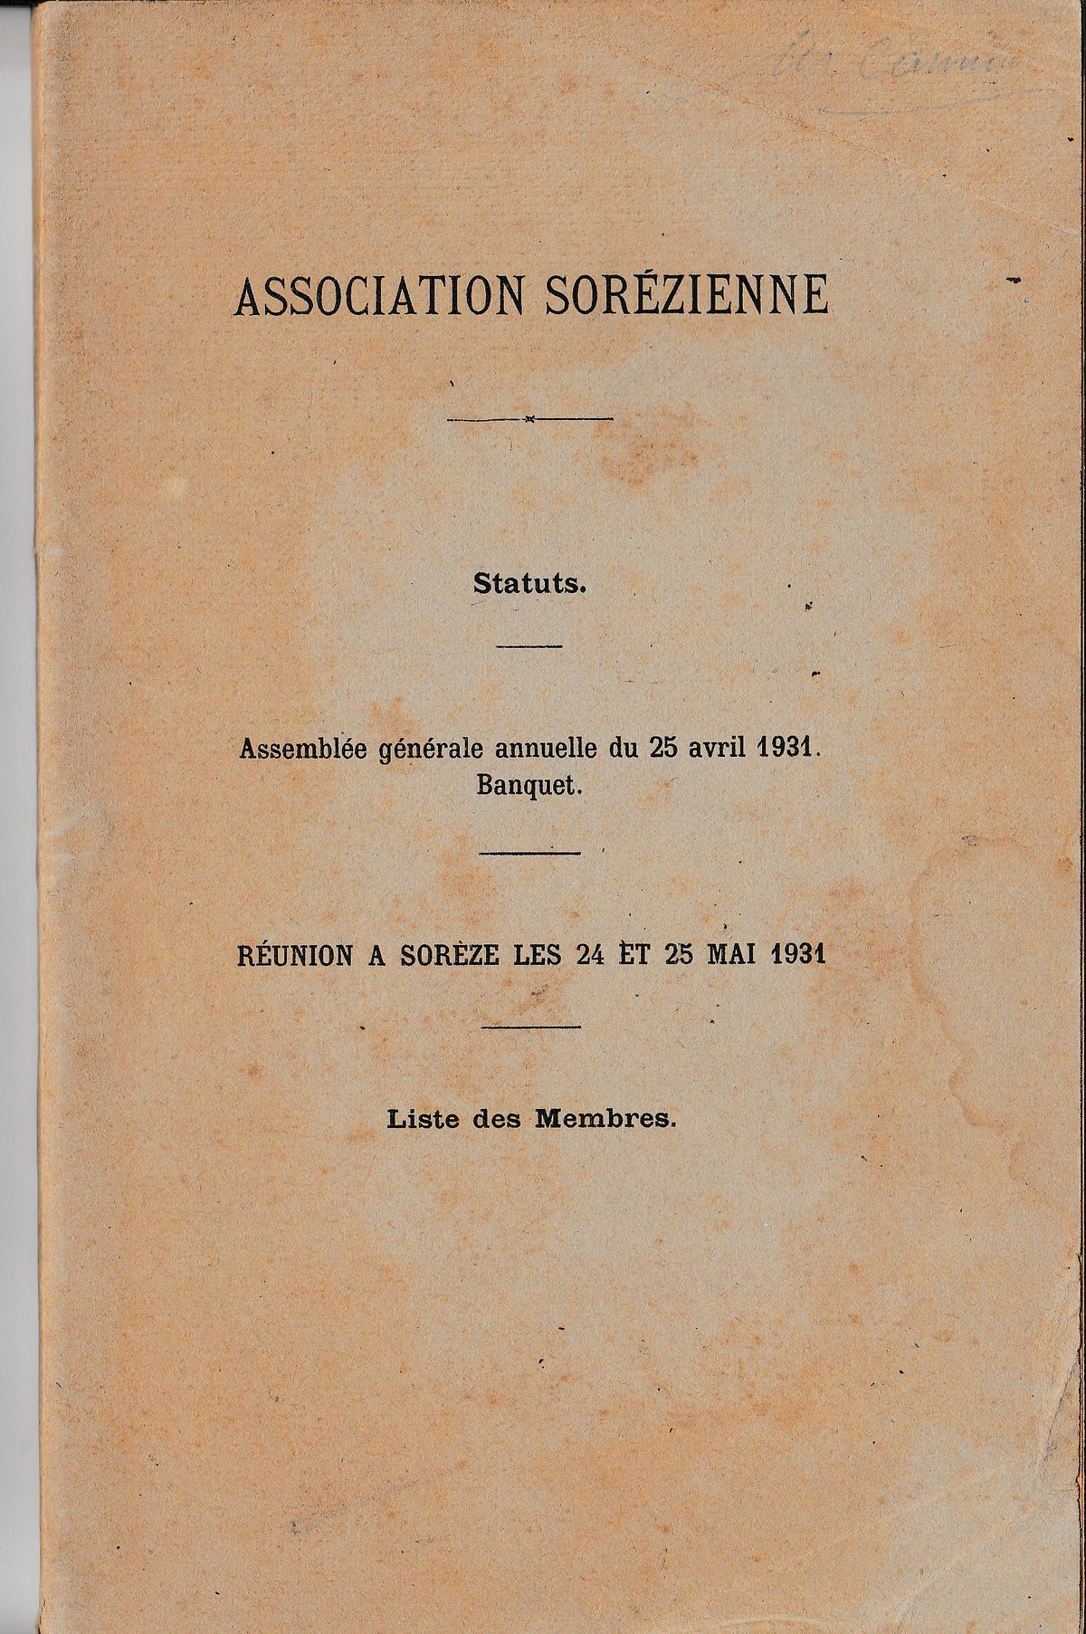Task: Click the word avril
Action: click(722, 749)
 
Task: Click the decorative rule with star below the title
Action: click(530, 418)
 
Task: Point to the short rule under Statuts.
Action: click(530, 645)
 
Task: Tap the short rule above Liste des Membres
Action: click(530, 1027)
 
